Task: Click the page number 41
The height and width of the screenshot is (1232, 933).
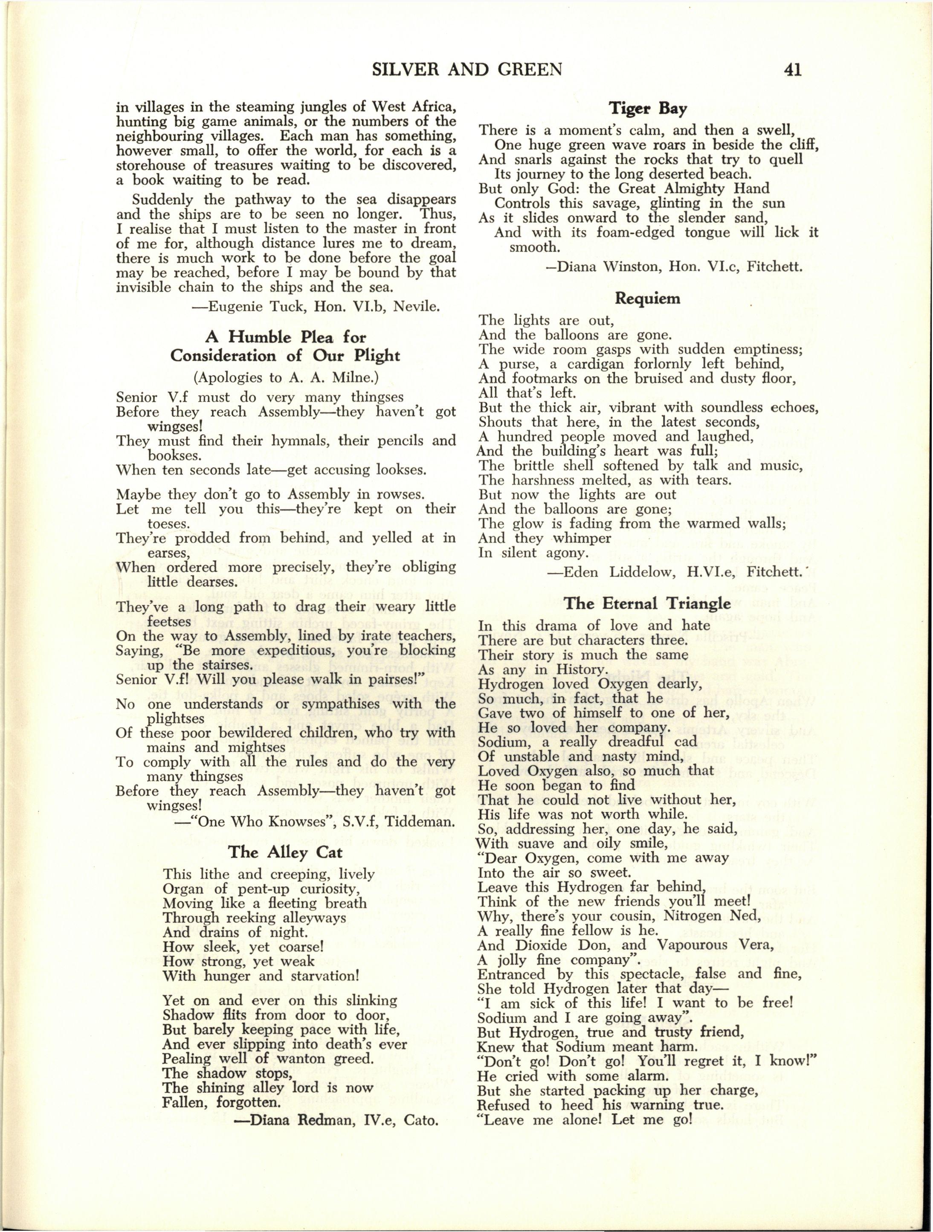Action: pos(791,70)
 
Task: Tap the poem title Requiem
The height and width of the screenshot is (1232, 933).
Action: pos(647,299)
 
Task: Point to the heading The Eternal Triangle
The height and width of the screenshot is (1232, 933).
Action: pos(647,603)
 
